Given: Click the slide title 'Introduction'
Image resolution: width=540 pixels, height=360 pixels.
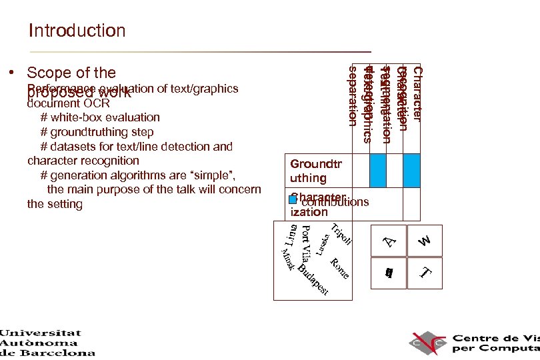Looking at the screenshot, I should coord(77,31).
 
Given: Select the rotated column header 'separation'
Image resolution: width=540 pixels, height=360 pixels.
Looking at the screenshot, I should coord(353,95).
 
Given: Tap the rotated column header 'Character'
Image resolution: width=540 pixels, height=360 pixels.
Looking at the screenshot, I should coord(417,93).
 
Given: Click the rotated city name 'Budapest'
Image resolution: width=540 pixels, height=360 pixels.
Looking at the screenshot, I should coord(313,280).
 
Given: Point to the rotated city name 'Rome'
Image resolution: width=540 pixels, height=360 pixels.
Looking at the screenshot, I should coord(339,268).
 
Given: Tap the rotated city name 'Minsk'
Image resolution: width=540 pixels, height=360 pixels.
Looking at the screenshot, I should coord(287,259).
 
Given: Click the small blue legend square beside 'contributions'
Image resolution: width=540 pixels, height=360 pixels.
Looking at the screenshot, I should coord(293,200).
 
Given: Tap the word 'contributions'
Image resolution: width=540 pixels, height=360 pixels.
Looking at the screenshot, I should coord(335,202).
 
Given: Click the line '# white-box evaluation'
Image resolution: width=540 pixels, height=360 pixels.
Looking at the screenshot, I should coord(100,117).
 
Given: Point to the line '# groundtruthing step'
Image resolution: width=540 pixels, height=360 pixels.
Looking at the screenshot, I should coord(97,132).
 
